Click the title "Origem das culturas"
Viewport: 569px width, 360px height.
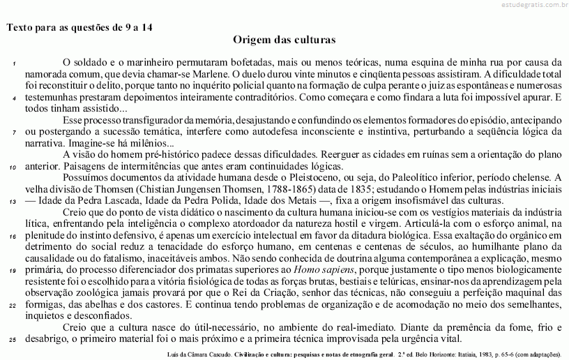click(284, 40)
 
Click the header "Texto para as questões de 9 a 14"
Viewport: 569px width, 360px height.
click(79, 28)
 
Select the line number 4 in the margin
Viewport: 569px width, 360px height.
click(15, 98)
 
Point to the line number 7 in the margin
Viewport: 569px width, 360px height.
click(15, 132)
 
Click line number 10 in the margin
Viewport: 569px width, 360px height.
click(13, 167)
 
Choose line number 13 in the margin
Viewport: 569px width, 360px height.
click(13, 202)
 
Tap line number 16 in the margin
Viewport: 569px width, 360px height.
click(13, 237)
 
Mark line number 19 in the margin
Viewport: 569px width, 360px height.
click(13, 271)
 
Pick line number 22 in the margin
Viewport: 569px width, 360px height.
click(13, 305)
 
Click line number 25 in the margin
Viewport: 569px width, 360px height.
click(13, 340)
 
